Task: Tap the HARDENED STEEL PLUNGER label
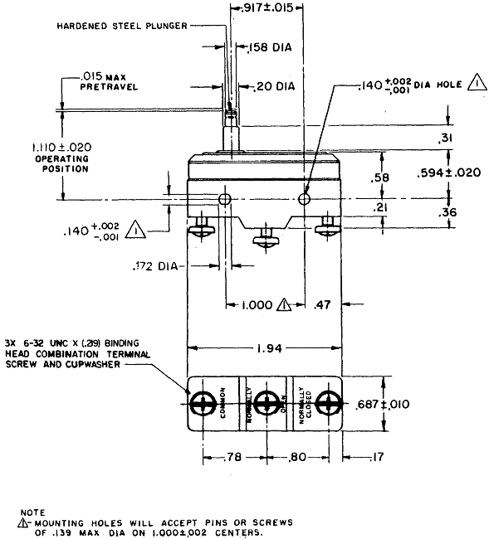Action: pos(122,26)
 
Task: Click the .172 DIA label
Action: pos(156,266)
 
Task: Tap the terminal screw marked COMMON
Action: pos(203,405)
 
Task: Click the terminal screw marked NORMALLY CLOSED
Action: pos(328,405)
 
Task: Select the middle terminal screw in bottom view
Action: pos(266,405)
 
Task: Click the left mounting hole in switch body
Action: pos(224,199)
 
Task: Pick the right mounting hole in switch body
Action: pos(305,199)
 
